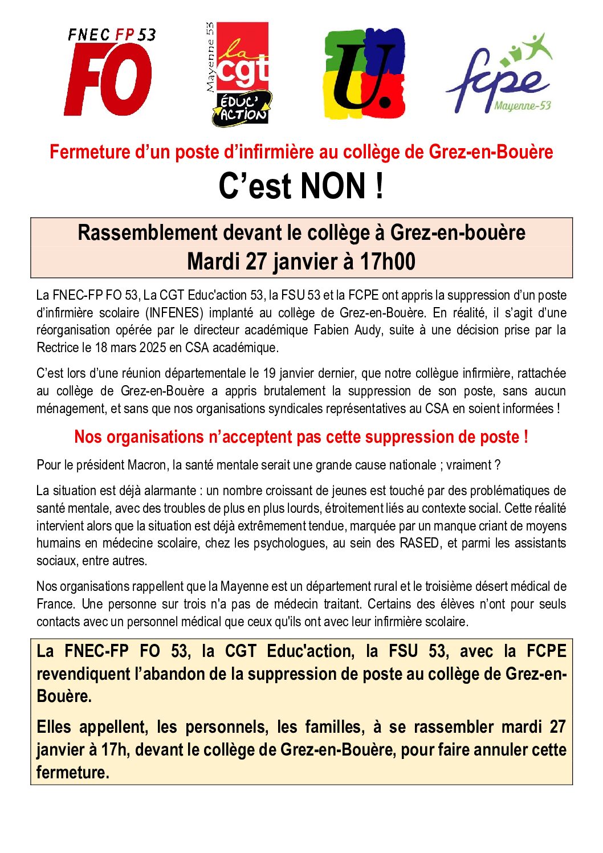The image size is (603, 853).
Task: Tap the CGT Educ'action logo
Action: click(x=238, y=74)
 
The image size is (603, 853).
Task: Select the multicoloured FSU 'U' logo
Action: click(x=365, y=74)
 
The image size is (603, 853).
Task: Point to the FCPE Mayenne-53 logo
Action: click(x=500, y=75)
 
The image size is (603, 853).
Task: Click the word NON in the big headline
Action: click(x=333, y=186)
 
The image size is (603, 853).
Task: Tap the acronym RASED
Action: click(x=419, y=543)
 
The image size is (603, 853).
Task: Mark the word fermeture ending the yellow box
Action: click(x=72, y=773)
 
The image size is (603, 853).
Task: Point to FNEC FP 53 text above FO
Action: click(x=112, y=35)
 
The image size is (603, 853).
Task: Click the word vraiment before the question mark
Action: click(x=468, y=465)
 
